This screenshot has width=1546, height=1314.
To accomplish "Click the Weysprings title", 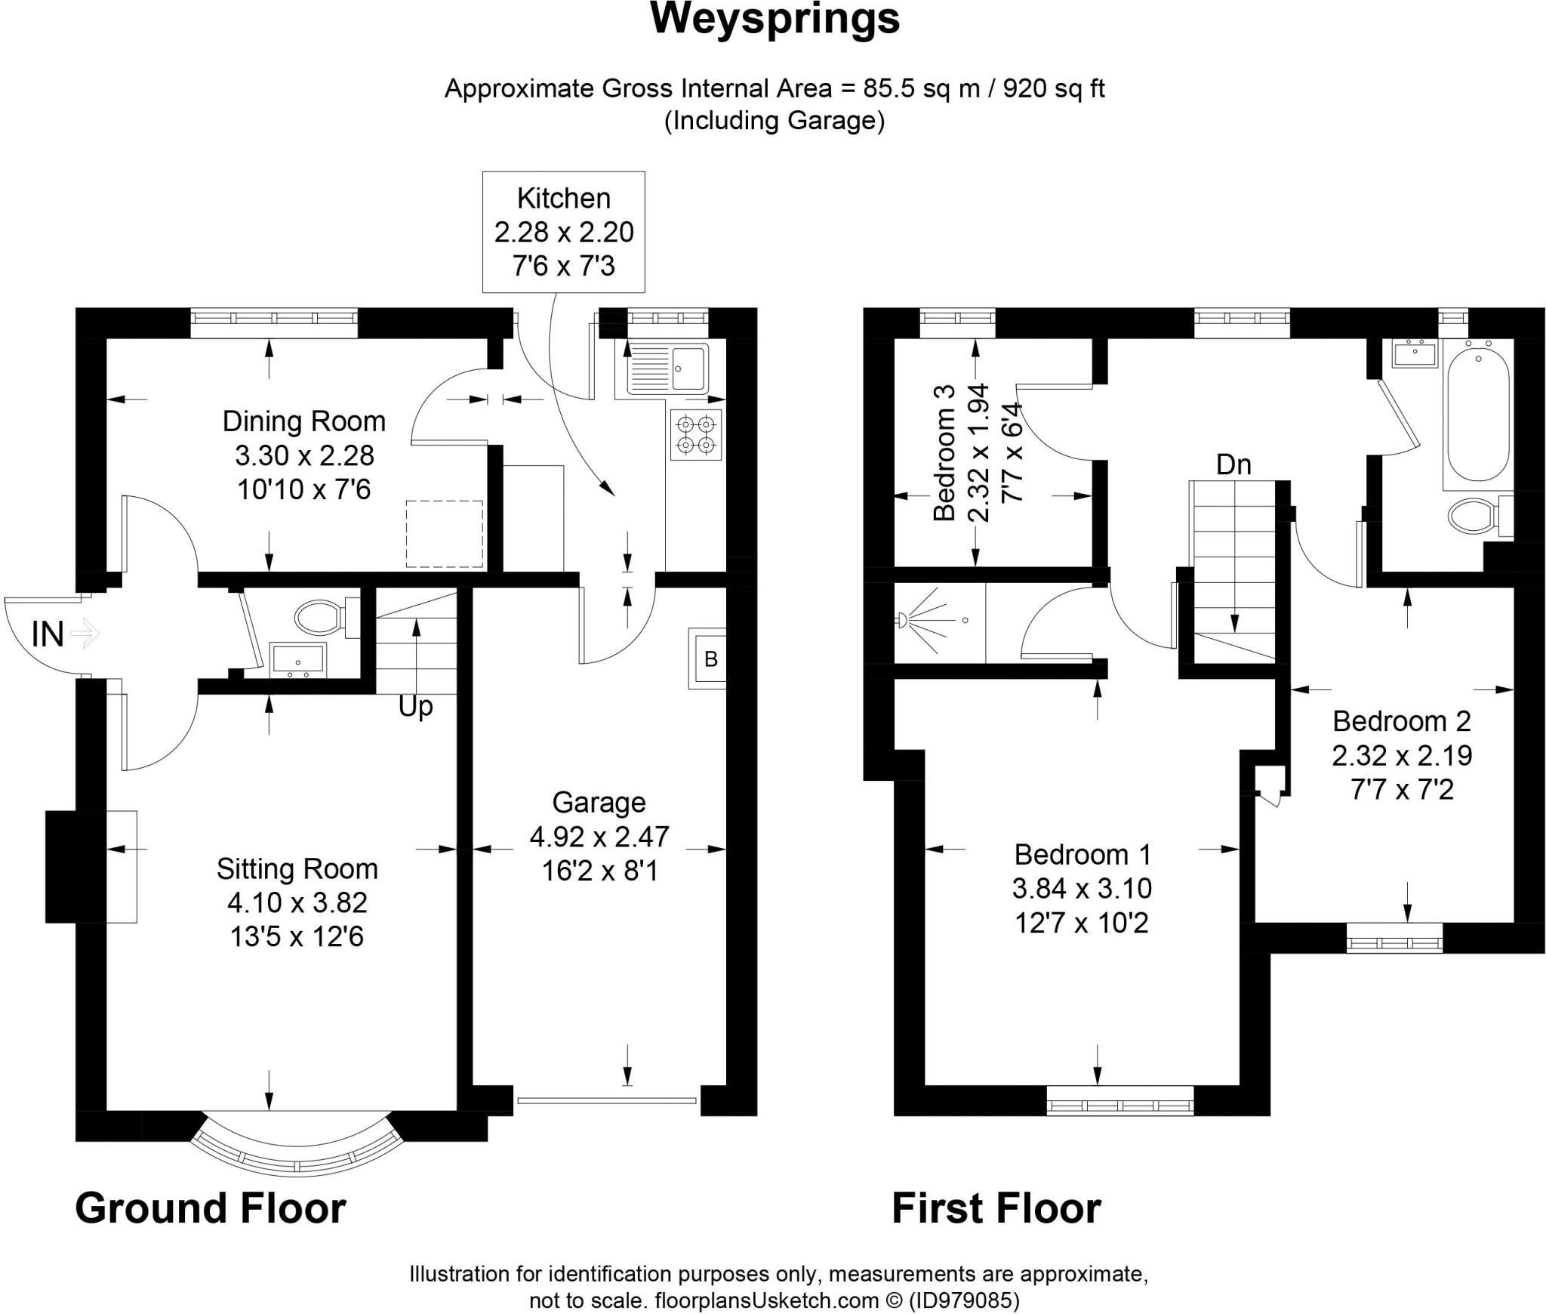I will point(775,18).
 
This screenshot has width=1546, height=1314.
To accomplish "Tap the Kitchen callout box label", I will point(563,199).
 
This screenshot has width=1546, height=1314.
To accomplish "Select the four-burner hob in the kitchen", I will point(695,434).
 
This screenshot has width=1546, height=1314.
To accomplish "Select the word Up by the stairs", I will point(415,707).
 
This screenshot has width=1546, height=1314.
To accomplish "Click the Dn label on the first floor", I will point(1233,464).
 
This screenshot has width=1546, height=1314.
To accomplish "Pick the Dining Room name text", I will point(303,421).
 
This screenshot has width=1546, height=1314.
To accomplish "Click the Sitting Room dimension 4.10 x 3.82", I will point(297,902).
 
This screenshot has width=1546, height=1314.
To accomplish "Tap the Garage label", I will point(599,802).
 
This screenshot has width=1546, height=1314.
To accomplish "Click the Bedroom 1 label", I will point(1082,854).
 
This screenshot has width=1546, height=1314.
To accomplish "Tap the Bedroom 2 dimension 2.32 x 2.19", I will point(1402,755).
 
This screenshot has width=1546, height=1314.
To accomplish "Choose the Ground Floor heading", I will point(210,1208).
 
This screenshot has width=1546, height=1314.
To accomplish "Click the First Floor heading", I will point(996,1208).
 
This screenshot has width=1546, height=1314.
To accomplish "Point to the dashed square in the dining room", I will point(444,533).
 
